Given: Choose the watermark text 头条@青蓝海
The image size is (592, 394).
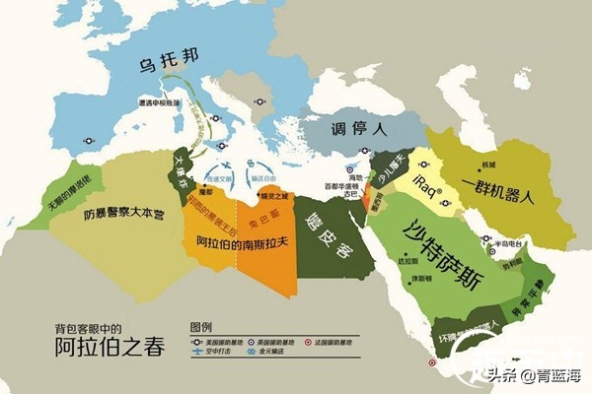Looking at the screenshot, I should [532, 373].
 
